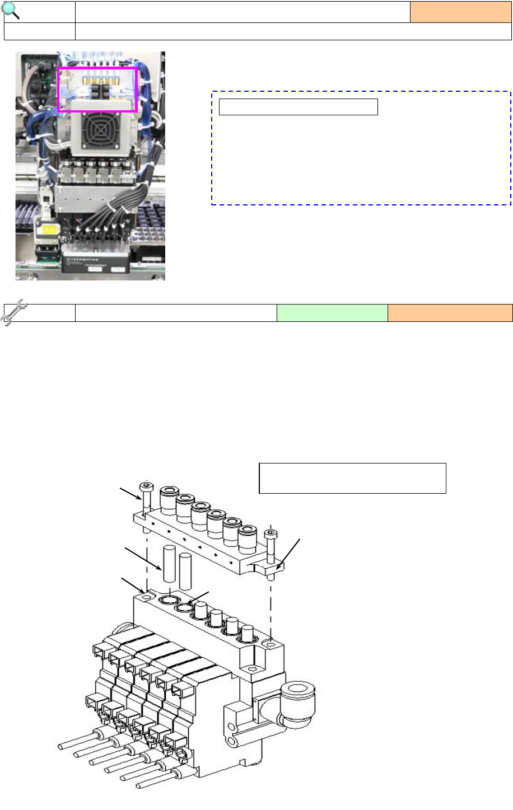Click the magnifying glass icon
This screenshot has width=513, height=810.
tap(11, 10)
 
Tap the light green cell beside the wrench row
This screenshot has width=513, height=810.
tap(332, 313)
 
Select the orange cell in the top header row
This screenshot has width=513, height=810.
tap(460, 12)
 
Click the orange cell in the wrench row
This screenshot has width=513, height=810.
tap(450, 313)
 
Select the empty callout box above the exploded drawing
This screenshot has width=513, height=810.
tap(352, 478)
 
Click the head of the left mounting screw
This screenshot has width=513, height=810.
tap(146, 486)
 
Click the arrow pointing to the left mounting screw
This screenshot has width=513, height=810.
tap(130, 494)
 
